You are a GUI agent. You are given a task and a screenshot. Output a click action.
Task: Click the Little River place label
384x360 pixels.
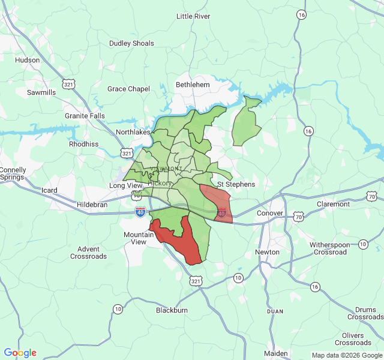pyautogui.click(x=193, y=16)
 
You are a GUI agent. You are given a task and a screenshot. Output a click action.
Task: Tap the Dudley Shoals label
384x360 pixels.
pyautogui.click(x=131, y=43)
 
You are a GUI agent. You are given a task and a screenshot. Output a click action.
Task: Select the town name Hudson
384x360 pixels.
pyautogui.click(x=27, y=60)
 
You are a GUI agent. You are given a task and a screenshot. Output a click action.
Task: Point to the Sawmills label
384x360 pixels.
pyautogui.click(x=41, y=92)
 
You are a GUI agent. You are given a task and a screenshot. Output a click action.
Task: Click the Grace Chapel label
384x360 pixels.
pyautogui.click(x=128, y=89)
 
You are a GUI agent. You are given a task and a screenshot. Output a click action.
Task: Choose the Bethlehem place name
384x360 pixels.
pyautogui.click(x=193, y=85)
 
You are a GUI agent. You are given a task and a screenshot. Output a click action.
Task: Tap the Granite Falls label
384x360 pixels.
pyautogui.click(x=84, y=115)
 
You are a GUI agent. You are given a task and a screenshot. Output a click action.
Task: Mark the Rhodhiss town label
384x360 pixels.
pyautogui.click(x=83, y=144)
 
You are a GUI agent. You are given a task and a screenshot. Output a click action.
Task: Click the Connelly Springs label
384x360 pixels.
pyautogui.click(x=13, y=174)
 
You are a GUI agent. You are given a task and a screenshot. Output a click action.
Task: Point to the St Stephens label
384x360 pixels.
pyautogui.click(x=236, y=184)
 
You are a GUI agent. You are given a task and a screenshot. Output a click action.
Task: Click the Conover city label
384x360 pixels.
pyautogui.click(x=269, y=213)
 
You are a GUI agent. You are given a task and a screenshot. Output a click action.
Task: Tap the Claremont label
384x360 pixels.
pyautogui.click(x=333, y=204)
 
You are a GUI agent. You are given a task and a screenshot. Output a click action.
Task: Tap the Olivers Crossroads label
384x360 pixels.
pyautogui.click(x=353, y=339)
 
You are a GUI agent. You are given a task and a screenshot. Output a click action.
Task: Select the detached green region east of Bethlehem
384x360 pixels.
pyautogui.click(x=246, y=123)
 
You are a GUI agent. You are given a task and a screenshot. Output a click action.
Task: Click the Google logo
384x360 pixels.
pyautogui.click(x=20, y=353)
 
